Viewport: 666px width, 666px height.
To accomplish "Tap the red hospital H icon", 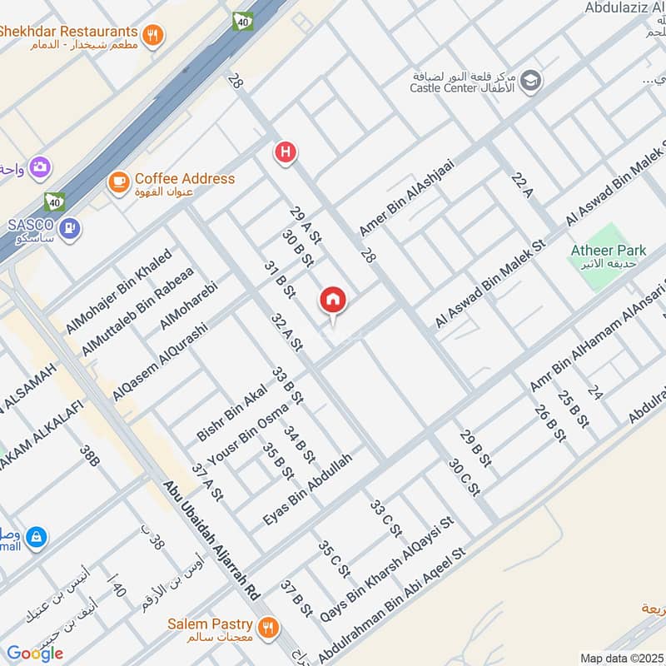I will point(286,152).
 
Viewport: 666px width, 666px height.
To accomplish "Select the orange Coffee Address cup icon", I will point(119,180).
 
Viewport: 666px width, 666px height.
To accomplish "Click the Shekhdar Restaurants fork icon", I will point(152,34).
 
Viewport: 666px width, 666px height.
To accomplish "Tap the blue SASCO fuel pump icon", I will point(72,226).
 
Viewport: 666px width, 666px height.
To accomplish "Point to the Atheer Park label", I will point(609,251).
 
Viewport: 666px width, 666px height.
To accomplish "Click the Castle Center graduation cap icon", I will point(531,82).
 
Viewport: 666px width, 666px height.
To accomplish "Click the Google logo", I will point(35,654).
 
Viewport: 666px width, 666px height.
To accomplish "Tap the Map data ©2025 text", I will point(620,658).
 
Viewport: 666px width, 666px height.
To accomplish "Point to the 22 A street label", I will point(522,186).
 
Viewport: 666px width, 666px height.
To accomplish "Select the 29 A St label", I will point(305,225).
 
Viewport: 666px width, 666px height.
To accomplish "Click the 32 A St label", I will point(286,331).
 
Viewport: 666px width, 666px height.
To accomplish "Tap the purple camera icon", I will point(39,168).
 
